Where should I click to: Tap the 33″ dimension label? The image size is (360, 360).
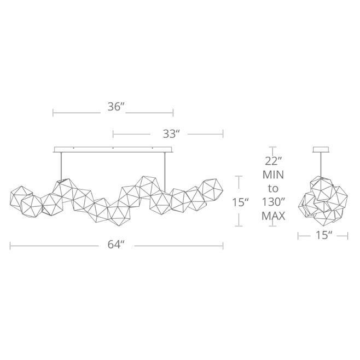[171, 134]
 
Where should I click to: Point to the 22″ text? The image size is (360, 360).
[273, 161]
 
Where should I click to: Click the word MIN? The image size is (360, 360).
[273, 175]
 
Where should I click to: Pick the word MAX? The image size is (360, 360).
[273, 216]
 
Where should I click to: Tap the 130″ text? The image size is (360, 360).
[273, 202]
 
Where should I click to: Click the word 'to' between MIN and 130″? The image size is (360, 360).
[273, 189]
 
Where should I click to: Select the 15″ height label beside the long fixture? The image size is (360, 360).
[240, 202]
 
